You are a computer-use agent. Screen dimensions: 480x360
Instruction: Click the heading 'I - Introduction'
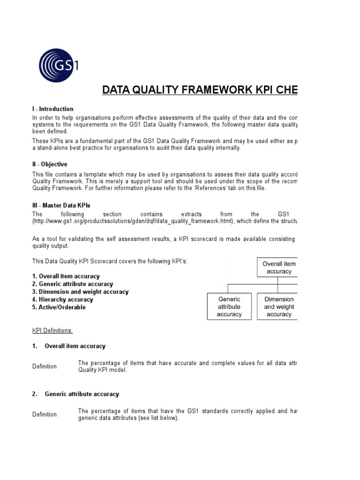click(52, 109)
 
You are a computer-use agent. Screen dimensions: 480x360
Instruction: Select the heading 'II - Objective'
click(50, 165)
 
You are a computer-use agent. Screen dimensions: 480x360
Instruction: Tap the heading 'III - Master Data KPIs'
click(61, 205)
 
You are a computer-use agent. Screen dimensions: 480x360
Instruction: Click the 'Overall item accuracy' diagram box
click(277, 268)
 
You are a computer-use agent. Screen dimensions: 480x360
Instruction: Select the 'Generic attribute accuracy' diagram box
click(229, 307)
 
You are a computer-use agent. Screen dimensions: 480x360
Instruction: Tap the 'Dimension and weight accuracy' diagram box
click(277, 307)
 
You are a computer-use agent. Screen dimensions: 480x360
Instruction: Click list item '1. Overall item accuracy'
click(66, 277)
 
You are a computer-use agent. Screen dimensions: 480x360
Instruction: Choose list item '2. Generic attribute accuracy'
click(72, 284)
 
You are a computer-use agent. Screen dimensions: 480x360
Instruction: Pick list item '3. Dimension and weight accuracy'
click(80, 292)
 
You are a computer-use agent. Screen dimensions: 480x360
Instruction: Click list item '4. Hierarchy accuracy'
click(62, 300)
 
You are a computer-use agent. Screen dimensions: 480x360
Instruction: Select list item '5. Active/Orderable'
click(59, 307)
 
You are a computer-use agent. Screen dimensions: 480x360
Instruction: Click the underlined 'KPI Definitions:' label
click(52, 330)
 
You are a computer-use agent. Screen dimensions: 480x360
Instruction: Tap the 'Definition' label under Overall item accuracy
click(45, 367)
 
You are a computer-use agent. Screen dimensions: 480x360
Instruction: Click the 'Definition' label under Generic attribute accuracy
click(45, 414)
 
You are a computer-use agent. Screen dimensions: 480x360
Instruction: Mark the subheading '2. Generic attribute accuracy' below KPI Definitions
click(75, 394)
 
